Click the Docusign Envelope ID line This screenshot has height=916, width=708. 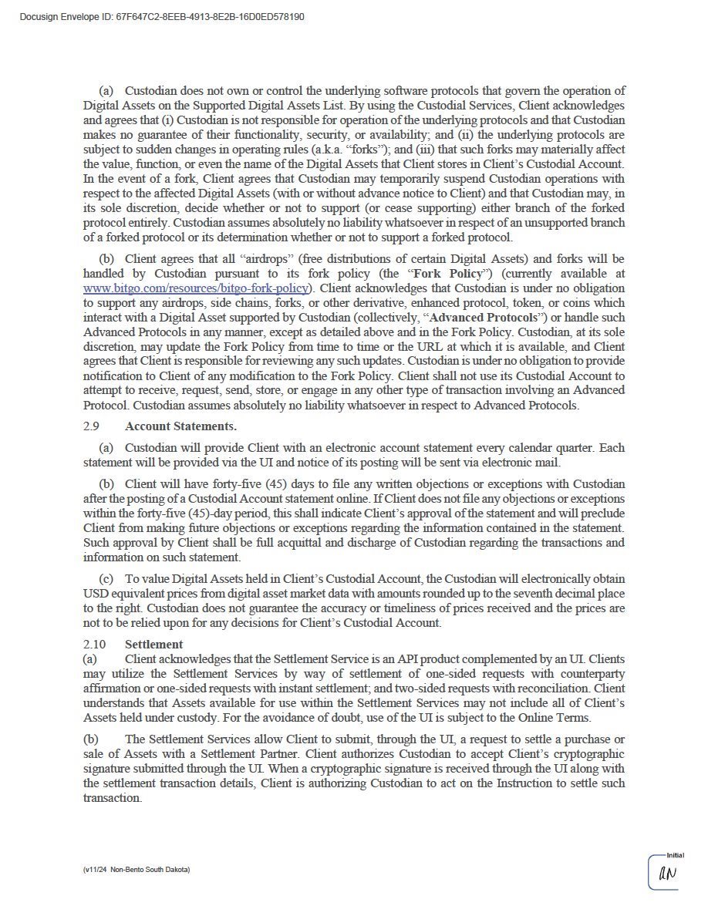tap(162, 16)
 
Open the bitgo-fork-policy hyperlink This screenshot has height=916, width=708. tap(196, 288)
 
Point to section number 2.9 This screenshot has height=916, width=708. tap(91, 426)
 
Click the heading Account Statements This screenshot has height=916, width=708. tap(180, 426)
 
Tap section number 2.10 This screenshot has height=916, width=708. tap(94, 644)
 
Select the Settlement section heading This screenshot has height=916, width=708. tap(153, 644)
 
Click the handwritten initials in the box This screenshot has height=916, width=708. tap(666, 874)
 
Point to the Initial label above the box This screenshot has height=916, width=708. tap(676, 855)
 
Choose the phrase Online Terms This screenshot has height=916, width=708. tap(558, 718)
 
